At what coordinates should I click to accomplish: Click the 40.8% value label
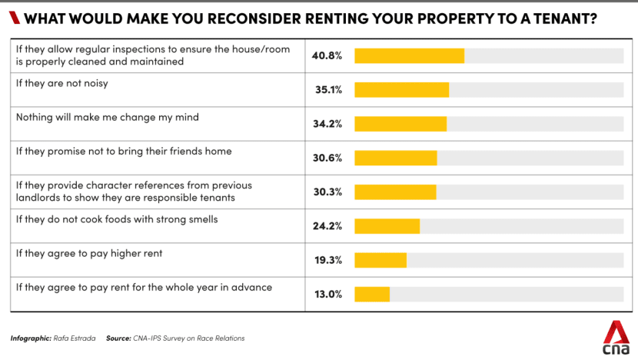click(x=327, y=56)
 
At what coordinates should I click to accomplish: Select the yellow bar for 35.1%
click(x=401, y=90)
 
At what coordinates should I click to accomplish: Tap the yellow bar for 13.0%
click(x=372, y=294)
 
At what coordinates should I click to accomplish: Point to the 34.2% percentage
click(x=327, y=124)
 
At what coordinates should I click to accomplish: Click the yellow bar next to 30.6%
click(x=395, y=158)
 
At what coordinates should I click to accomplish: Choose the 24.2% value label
click(x=327, y=225)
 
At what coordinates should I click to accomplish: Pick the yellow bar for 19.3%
click(x=380, y=260)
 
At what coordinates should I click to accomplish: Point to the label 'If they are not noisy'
click(x=61, y=83)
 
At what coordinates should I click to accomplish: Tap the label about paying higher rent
click(x=89, y=253)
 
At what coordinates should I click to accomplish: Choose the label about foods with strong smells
click(x=117, y=219)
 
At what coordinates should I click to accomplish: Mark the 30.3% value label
click(x=327, y=192)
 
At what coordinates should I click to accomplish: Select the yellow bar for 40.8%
click(x=409, y=56)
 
